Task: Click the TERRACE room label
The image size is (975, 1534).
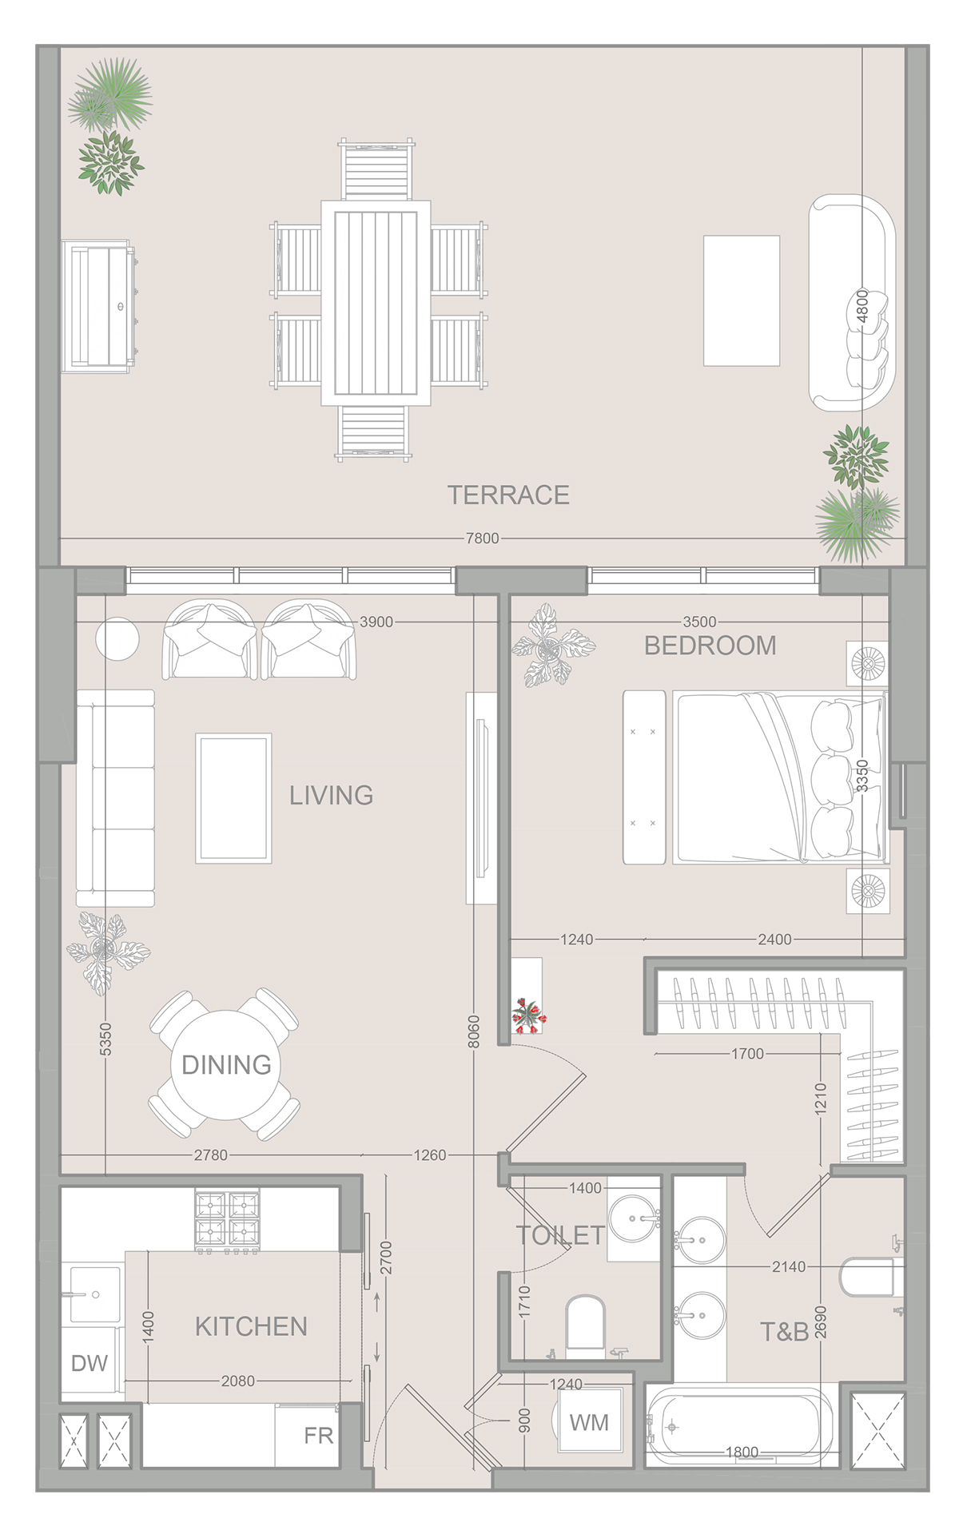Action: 508,495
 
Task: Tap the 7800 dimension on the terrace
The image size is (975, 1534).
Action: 483,538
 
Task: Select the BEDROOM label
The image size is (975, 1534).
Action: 710,646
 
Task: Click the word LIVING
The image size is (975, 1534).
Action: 331,795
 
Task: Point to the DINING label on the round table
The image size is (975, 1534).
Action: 226,1064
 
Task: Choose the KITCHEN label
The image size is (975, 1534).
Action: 251,1326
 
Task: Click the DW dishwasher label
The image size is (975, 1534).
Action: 89,1363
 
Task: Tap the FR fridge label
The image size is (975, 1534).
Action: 318,1436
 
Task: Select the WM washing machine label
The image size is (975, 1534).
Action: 589,1422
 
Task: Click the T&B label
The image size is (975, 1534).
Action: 784,1332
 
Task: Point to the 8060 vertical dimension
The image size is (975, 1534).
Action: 474,1031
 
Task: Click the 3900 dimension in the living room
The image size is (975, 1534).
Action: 376,622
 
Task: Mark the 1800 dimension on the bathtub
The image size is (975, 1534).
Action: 742,1452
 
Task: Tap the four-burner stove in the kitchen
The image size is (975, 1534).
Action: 228,1219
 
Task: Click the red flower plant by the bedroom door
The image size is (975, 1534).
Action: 528,1015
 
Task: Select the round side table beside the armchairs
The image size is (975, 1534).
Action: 117,639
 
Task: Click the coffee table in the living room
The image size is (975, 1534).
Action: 233,798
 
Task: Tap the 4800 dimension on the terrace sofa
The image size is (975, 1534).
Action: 862,306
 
